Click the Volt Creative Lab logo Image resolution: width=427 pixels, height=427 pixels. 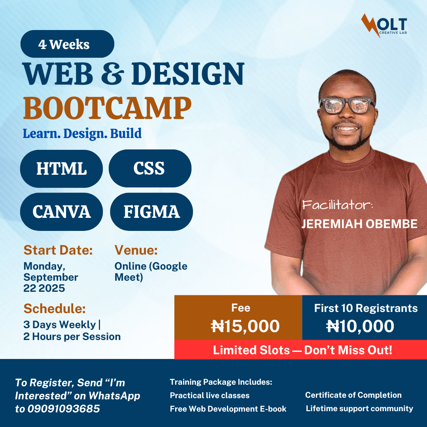384,25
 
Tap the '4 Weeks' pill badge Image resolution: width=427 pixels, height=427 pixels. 67,44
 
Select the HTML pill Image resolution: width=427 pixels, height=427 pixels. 62,168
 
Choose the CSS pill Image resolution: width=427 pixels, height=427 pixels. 150,168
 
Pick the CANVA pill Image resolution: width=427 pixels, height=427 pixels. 62,212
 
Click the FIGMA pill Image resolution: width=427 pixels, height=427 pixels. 151,212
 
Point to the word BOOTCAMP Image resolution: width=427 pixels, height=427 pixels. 107,108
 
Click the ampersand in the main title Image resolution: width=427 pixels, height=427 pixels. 112,74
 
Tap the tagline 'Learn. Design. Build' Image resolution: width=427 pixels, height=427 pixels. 82,134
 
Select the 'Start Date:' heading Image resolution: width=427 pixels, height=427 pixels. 58,250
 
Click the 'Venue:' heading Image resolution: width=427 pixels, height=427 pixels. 136,250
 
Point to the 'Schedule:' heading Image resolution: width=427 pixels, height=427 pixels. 55,308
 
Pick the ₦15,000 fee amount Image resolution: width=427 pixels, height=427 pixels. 246,326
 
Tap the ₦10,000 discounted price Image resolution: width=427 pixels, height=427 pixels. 360,326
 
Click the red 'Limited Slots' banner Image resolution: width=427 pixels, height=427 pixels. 300,350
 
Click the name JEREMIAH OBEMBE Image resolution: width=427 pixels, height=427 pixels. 359,224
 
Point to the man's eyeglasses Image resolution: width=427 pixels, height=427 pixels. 347,105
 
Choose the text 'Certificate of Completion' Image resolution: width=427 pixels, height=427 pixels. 353,395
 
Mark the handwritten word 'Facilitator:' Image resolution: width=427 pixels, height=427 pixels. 337,204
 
